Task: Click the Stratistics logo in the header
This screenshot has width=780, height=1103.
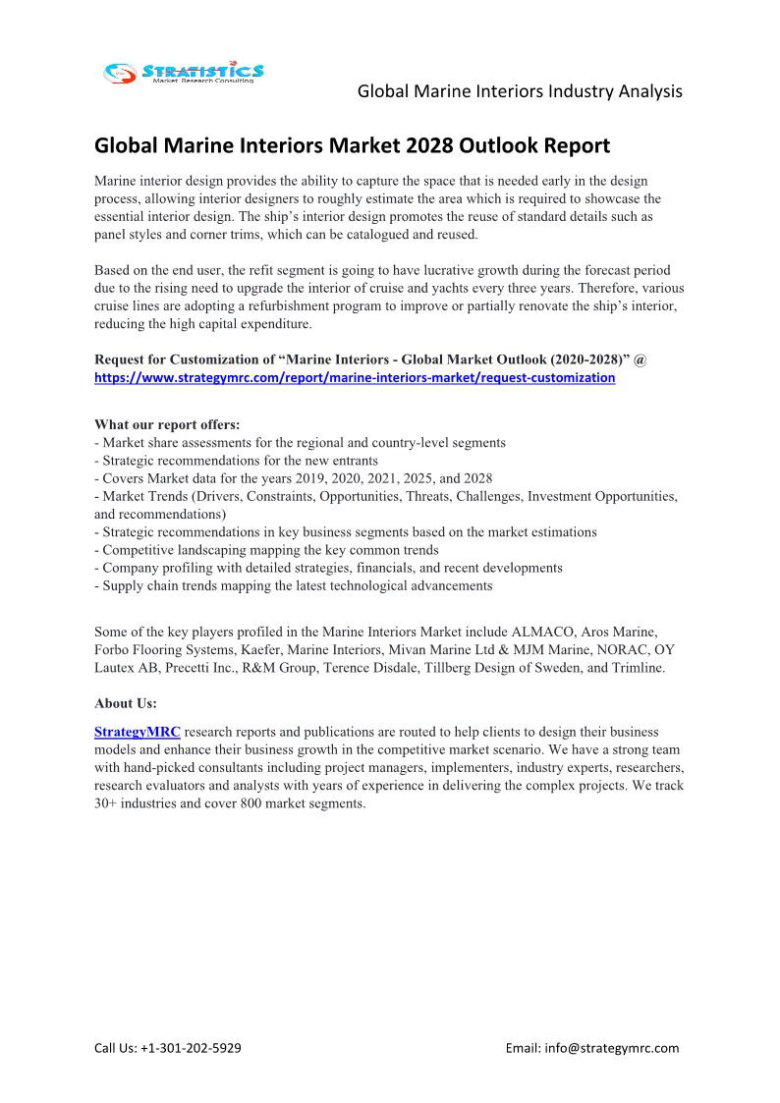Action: [x=185, y=72]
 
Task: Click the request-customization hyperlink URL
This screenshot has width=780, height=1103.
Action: [x=355, y=377]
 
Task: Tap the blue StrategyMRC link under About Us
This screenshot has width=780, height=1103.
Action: [x=138, y=732]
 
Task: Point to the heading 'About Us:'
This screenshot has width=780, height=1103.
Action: [x=126, y=703]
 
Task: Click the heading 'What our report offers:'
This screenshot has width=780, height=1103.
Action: [x=167, y=424]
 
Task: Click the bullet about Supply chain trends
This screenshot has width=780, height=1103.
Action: [x=294, y=585]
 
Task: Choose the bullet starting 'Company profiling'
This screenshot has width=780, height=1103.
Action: [x=328, y=568]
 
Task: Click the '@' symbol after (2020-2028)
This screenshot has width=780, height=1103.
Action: [x=641, y=359]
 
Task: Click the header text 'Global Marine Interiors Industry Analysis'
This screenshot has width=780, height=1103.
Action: [x=520, y=91]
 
